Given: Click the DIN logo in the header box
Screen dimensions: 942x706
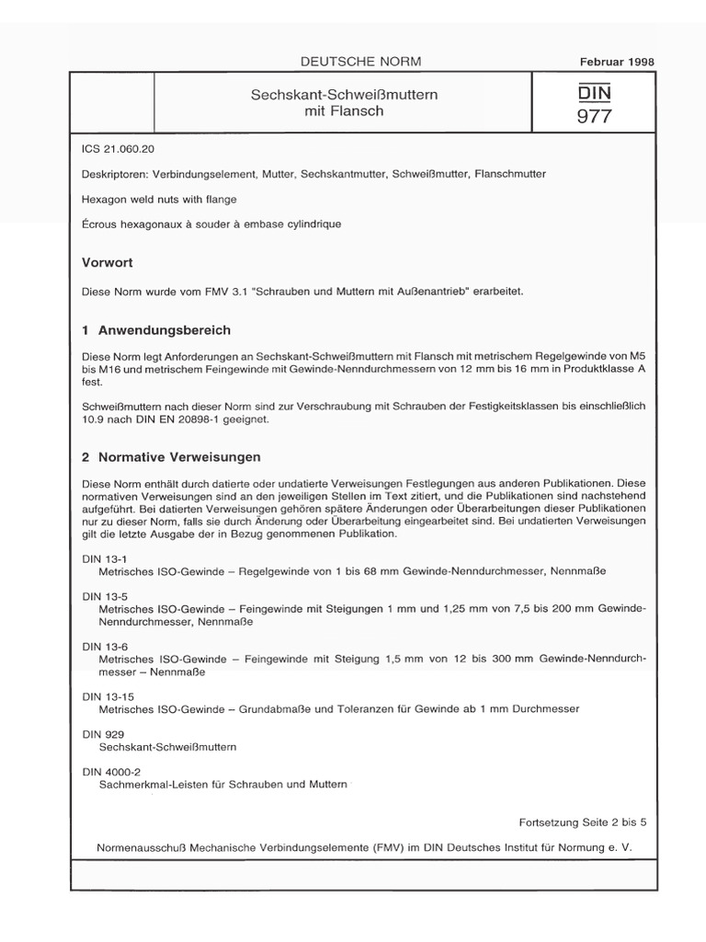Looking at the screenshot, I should (593, 93).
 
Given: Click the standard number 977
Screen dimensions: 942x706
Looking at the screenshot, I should (593, 116).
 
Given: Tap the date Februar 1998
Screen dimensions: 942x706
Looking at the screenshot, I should (617, 62).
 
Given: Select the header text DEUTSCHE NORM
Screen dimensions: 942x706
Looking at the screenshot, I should (360, 62).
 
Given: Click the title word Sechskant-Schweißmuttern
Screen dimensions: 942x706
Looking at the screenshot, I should (343, 94).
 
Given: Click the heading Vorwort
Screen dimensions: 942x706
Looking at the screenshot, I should (108, 262).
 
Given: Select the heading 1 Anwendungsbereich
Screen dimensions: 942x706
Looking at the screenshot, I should (156, 330).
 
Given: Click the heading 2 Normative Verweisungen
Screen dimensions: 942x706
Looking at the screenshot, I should (172, 456).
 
